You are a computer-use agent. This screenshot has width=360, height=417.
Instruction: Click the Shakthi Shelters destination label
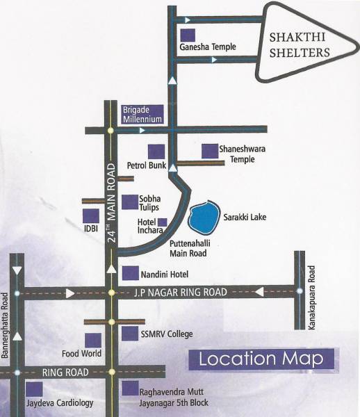(299, 44)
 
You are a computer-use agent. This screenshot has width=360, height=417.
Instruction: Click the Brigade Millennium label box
(142, 114)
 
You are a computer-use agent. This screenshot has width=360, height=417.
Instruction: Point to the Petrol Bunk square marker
(156, 152)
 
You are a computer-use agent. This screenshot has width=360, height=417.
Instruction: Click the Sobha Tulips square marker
(129, 202)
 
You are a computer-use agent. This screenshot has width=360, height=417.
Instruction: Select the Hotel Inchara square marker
(162, 222)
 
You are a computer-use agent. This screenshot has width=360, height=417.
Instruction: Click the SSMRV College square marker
(129, 334)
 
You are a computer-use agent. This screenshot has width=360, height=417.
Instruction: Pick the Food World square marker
(92, 339)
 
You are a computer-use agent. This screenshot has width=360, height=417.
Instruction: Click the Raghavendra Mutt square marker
(129, 389)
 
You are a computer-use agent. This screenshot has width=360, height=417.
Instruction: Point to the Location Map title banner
(261, 359)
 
